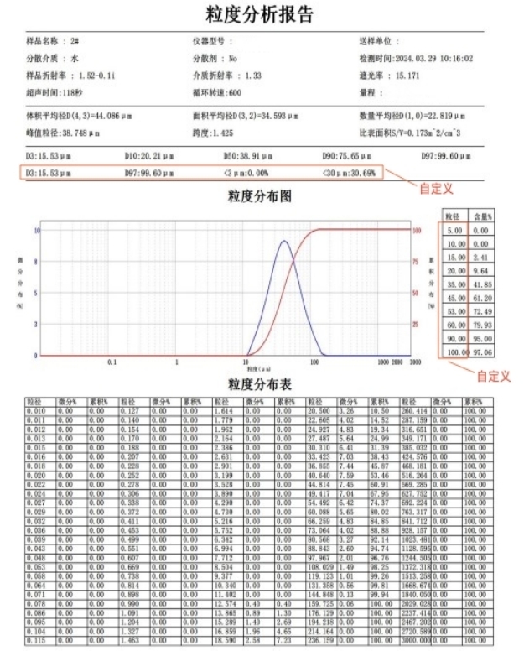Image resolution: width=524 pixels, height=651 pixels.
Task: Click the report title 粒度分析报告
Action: click(x=261, y=14)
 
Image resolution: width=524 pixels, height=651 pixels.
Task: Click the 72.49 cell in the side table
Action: click(x=480, y=311)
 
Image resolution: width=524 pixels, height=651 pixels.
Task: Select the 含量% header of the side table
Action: click(x=480, y=216)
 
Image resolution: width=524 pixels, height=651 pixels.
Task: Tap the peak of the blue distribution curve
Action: click(x=284, y=242)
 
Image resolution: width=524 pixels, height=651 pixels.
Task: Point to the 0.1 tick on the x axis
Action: click(x=112, y=362)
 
